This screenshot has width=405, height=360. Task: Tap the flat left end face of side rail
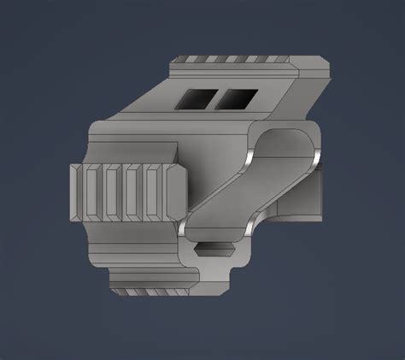click(x=73, y=192)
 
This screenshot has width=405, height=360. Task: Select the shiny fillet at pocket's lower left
click(x=185, y=228)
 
